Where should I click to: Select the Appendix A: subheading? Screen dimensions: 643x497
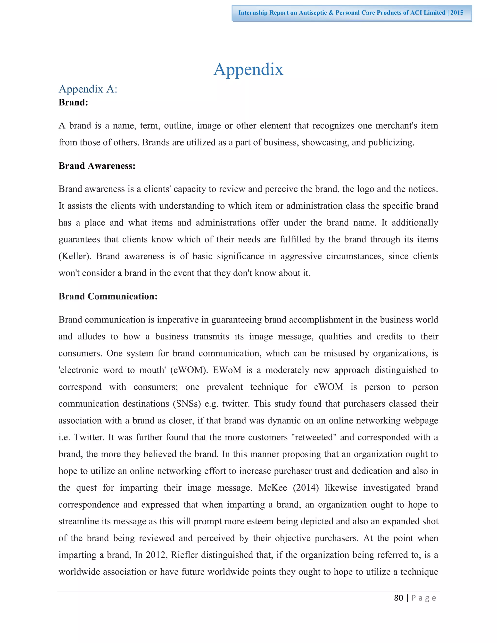[x=88, y=89]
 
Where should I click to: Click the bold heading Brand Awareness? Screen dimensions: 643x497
[x=97, y=166]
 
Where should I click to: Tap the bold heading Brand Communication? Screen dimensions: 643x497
[x=108, y=296]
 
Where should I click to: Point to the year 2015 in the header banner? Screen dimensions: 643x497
[x=457, y=13]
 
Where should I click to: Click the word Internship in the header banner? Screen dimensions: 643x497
[x=253, y=13]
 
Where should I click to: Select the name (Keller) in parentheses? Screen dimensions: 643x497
[x=75, y=256]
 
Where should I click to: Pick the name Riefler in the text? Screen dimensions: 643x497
[x=184, y=555]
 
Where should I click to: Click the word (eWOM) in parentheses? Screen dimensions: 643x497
[x=189, y=370]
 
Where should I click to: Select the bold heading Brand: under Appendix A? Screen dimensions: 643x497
[x=73, y=102]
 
